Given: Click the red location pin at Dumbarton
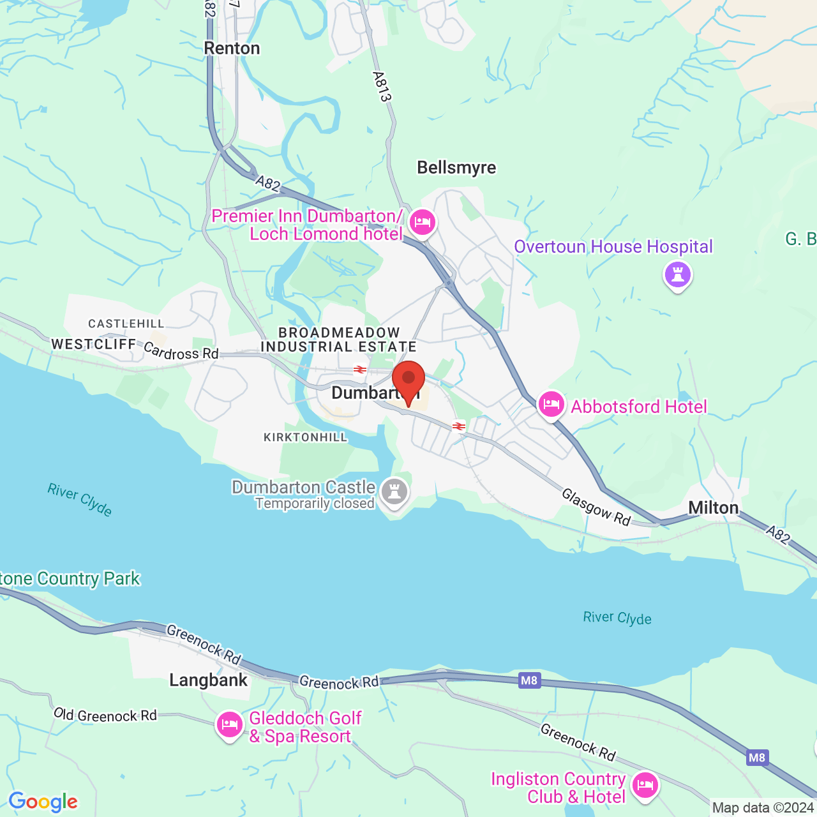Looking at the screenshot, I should tap(408, 380).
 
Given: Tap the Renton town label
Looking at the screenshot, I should tap(232, 49).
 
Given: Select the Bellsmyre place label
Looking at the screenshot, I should tap(456, 167).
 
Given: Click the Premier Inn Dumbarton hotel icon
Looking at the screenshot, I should tap(422, 223).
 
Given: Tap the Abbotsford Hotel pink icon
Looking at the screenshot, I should tap(551, 405).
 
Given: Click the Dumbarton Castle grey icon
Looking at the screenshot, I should tap(394, 492).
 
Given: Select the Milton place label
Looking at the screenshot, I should tap(713, 508).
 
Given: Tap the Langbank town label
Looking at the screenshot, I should tap(208, 680).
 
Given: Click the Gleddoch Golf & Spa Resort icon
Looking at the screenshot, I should tap(229, 725).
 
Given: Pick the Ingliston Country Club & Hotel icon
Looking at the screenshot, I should tap(645, 784).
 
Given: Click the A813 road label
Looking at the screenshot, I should tap(382, 87).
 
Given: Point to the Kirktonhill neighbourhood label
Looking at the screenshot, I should tap(306, 437).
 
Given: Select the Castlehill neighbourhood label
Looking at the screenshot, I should tap(126, 324).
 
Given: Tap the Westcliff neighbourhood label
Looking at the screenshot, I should tap(94, 344).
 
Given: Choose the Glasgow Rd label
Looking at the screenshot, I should tap(596, 507).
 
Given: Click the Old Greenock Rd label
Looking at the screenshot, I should tap(105, 715).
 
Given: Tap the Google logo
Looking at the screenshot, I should tap(43, 802).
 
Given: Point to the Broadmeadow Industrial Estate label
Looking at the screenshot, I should tap(339, 340).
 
